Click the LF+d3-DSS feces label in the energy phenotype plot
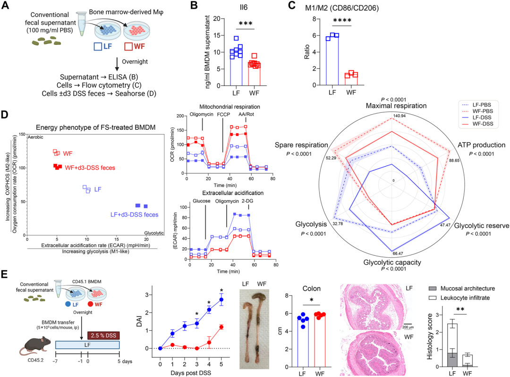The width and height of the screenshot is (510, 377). tap(134, 215)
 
